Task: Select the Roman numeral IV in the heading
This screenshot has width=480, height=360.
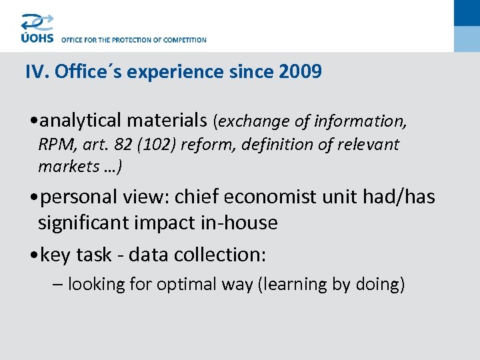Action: tap(34, 71)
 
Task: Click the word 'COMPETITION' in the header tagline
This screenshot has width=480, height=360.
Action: tap(183, 40)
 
